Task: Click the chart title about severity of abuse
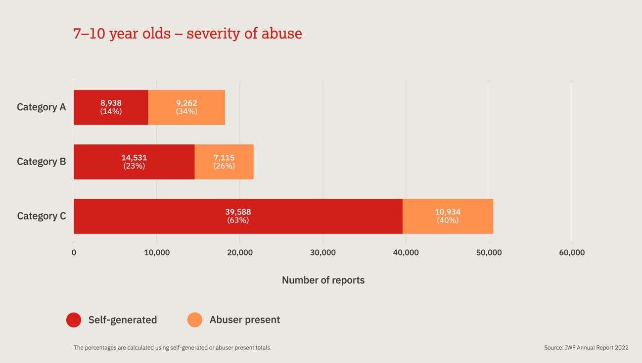pyautogui.click(x=187, y=34)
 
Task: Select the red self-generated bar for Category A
pyautogui.click(x=111, y=107)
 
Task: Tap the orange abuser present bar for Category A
pyautogui.click(x=186, y=107)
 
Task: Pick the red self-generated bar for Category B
pyautogui.click(x=134, y=162)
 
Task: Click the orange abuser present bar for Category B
pyautogui.click(x=224, y=162)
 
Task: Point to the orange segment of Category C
pyautogui.click(x=448, y=216)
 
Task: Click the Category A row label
pyautogui.click(x=41, y=107)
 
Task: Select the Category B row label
pyautogui.click(x=41, y=162)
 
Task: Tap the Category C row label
pyautogui.click(x=41, y=216)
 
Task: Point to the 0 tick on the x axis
pyautogui.click(x=74, y=253)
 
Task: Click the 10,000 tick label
pyautogui.click(x=157, y=253)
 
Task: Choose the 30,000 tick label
pyautogui.click(x=323, y=253)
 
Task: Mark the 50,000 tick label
pyautogui.click(x=489, y=253)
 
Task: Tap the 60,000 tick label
pyautogui.click(x=572, y=253)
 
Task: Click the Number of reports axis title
pyautogui.click(x=323, y=280)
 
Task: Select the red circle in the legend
pyautogui.click(x=74, y=320)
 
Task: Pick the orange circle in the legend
pyautogui.click(x=195, y=320)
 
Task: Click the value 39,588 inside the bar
pyautogui.click(x=238, y=212)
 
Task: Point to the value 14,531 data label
pyautogui.click(x=134, y=158)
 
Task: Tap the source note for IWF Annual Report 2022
pyautogui.click(x=586, y=348)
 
